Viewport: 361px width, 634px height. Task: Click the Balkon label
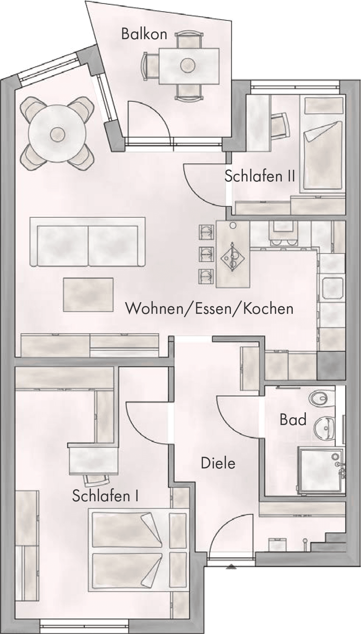(x=144, y=34)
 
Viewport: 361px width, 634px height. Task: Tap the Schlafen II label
(x=260, y=176)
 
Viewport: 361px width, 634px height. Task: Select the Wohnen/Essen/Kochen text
(x=210, y=309)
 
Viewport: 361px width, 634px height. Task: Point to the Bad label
(x=293, y=419)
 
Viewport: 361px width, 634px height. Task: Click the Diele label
(x=218, y=463)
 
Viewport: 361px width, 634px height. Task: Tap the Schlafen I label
(x=105, y=496)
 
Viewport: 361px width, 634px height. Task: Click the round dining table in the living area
(x=57, y=134)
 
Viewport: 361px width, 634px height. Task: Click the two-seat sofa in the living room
(x=87, y=242)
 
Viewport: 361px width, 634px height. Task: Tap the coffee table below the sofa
(x=88, y=294)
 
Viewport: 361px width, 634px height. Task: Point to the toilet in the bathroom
(x=322, y=399)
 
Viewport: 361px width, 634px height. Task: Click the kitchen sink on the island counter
(x=232, y=257)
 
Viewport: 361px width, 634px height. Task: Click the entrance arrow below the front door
(x=231, y=567)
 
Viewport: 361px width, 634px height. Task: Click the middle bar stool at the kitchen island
(x=206, y=253)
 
